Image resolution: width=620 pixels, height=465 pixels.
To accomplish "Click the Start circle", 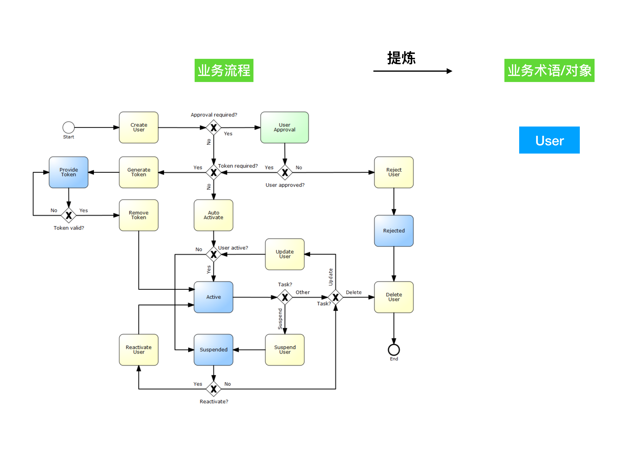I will point(68,127).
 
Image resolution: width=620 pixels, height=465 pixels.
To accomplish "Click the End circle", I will point(394,350).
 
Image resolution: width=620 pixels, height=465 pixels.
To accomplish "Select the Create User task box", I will point(139,127).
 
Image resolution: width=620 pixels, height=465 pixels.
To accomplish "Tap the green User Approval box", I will point(285,127).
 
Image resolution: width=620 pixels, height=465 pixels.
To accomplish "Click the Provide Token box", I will point(68,172).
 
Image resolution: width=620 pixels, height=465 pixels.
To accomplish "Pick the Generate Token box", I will point(139,172).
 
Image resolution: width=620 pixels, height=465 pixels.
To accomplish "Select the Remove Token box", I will point(139,215).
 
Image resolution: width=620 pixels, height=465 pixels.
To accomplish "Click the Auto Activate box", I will point(213,215).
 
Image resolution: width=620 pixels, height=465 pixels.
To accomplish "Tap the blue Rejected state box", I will point(394,230).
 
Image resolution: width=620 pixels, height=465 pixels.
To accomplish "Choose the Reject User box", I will point(394,172).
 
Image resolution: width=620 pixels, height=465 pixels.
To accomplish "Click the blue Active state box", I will point(213,297).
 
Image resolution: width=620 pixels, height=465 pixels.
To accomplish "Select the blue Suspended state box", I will point(213,350).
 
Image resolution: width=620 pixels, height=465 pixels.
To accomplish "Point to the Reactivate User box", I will point(139,350).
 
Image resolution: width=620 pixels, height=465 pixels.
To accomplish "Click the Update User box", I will point(285,254).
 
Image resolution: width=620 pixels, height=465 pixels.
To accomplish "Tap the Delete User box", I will point(394,297).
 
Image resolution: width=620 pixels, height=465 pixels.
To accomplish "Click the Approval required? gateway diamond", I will point(213,127).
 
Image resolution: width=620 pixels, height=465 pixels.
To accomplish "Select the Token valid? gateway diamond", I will point(69,215).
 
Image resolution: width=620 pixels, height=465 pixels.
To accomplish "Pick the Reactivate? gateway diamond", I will point(213,389).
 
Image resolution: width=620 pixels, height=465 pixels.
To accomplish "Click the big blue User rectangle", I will point(549,140).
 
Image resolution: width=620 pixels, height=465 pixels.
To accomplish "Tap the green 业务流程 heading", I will point(224,70).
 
